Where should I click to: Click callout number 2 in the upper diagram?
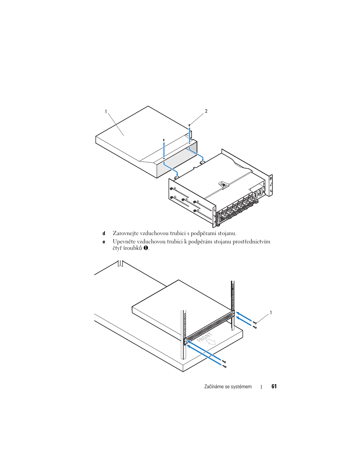coord(206,111)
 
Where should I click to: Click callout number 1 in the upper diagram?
coord(106,111)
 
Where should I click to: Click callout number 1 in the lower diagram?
coord(271,313)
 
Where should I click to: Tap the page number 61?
coord(274,386)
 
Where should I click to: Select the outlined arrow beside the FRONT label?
coord(211,342)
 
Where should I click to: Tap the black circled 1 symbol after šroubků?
coord(145,248)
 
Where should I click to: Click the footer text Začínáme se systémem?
coord(228,387)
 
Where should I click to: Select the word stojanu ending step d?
coord(227,234)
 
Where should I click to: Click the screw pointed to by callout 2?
coord(189,125)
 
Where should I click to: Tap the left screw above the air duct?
coord(164,140)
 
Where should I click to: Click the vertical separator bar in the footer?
coord(262,387)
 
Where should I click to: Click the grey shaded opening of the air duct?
coord(177,158)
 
